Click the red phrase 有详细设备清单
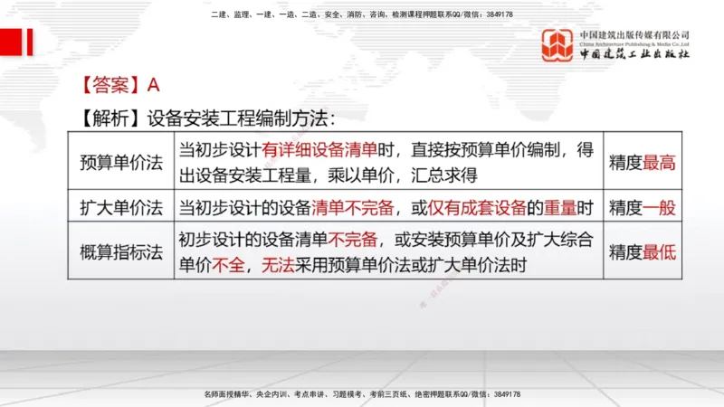click(x=319, y=150)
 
